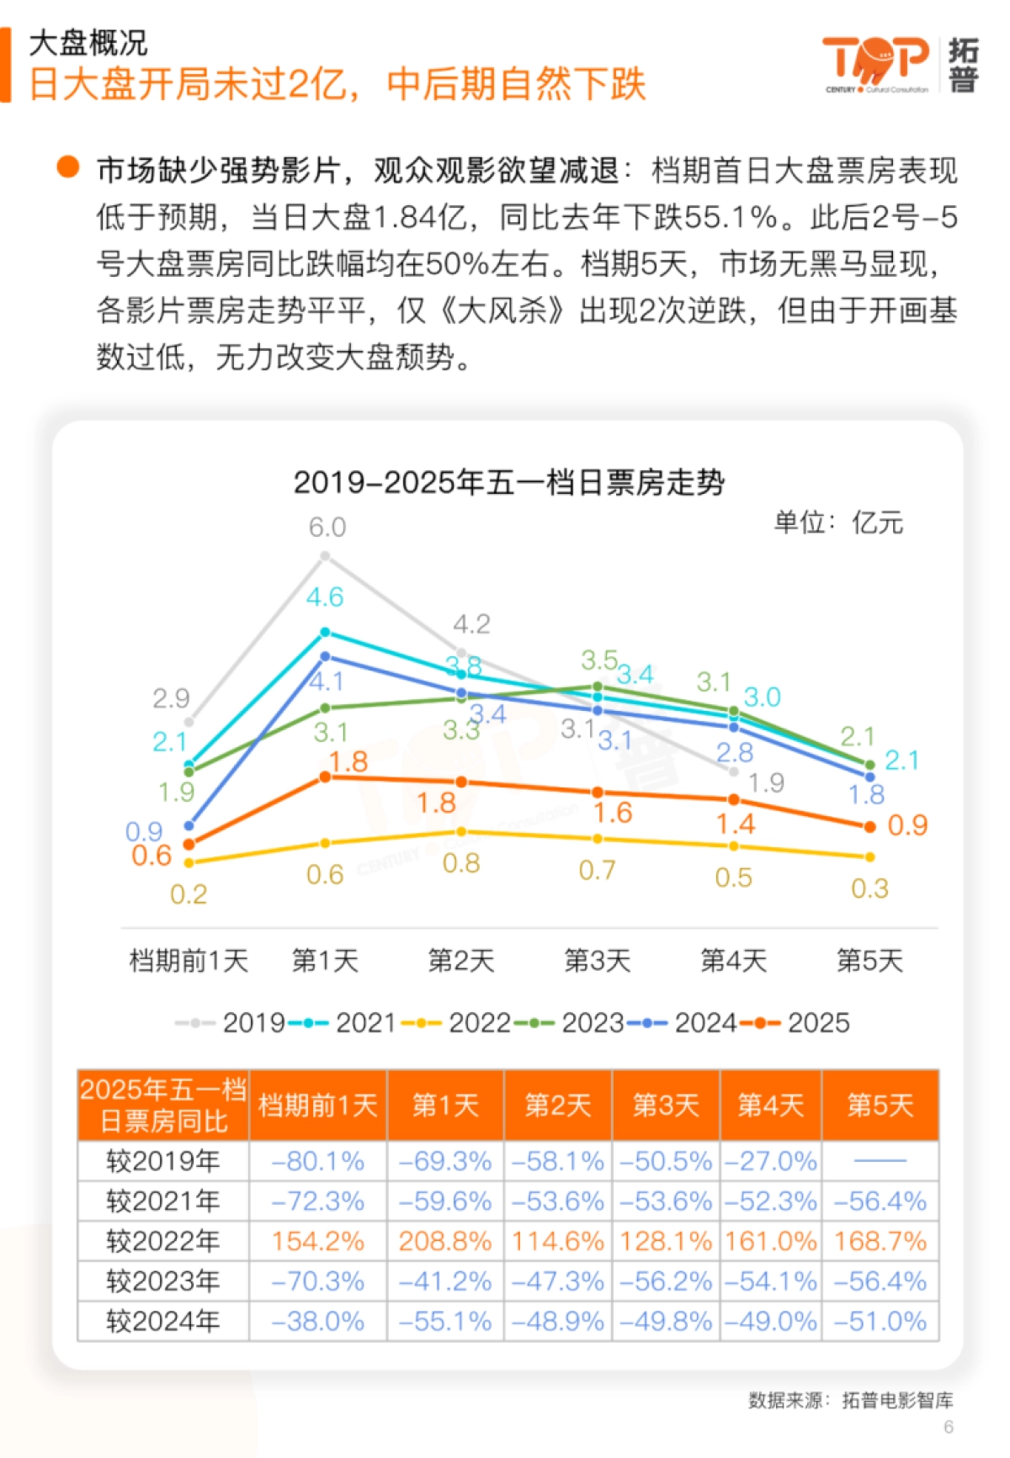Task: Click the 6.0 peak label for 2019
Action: click(327, 528)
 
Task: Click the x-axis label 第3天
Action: click(597, 960)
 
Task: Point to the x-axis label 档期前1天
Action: click(189, 960)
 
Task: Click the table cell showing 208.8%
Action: click(445, 1241)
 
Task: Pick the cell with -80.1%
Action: click(318, 1162)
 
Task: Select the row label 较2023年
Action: click(163, 1281)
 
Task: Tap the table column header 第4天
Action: click(770, 1105)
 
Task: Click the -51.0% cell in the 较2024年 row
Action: click(880, 1321)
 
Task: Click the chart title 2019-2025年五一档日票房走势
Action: click(508, 483)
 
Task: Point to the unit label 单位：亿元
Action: click(838, 522)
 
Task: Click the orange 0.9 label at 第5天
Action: click(907, 825)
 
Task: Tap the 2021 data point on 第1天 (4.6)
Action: click(326, 632)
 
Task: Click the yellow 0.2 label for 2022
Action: click(188, 894)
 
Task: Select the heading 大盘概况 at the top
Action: click(88, 42)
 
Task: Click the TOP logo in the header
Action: click(875, 62)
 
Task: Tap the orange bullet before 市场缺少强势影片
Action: click(68, 167)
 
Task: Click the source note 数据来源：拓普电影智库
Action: click(850, 1400)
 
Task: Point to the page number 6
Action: click(949, 1427)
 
